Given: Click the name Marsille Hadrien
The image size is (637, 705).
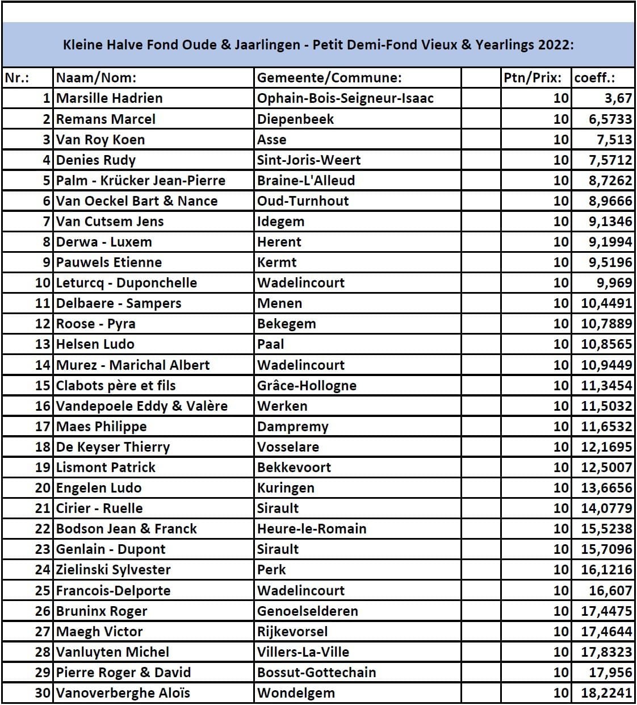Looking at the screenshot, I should [x=109, y=98].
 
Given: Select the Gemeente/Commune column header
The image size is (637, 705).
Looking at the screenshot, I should [x=329, y=78].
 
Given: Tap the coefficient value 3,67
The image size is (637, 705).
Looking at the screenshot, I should [x=618, y=98].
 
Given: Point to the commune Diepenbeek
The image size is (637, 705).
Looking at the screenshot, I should [x=295, y=119].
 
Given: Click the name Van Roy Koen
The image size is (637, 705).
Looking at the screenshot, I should [x=100, y=140].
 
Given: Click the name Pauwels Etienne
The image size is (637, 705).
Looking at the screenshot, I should [x=109, y=262].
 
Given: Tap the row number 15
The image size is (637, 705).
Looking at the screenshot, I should [x=43, y=386].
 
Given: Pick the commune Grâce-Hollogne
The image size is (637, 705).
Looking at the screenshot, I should [x=307, y=386].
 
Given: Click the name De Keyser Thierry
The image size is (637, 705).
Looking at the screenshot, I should [x=113, y=447].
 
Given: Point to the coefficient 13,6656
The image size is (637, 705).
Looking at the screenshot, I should [x=606, y=488].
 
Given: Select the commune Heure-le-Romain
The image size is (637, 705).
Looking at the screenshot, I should [x=312, y=529].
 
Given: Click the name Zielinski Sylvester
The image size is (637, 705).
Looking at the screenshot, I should [x=114, y=570].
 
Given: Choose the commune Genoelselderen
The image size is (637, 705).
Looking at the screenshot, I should [x=308, y=611].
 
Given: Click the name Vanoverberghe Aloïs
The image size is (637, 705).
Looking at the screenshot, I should [x=123, y=693].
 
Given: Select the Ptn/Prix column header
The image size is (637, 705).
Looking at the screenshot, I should [x=533, y=78].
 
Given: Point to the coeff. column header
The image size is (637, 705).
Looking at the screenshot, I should [x=594, y=78].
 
